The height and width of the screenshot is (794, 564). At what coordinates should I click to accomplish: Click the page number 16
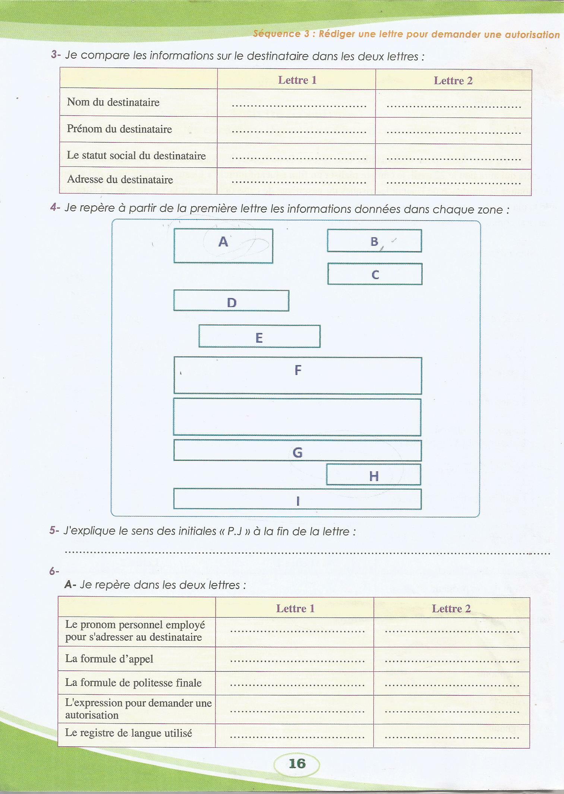pos(297,763)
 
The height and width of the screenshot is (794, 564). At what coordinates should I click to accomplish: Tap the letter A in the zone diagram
pos(223,242)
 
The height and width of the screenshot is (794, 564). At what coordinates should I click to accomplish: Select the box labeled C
pos(375,274)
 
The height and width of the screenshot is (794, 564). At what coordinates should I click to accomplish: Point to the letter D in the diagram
pos(231,303)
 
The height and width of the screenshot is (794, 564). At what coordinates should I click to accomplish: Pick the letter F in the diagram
pos(298,370)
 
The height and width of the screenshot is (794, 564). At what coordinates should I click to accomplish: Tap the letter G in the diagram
pos(297,453)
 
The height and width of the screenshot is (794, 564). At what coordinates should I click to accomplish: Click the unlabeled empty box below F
pos(297,417)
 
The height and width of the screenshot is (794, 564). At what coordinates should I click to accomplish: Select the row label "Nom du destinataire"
pos(113,102)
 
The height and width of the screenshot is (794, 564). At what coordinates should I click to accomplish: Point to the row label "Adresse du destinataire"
pos(120,180)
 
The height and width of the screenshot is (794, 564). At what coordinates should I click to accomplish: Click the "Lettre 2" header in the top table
pos(453,80)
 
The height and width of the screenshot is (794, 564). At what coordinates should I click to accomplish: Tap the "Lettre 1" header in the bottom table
pos(295,608)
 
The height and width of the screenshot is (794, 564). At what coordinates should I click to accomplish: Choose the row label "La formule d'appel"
pos(109,659)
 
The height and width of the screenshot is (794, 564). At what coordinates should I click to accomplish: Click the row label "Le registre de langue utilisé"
pos(129,733)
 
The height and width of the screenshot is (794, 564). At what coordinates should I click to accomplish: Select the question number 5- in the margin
pos(54,531)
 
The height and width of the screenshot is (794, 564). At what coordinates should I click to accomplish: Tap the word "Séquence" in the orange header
pos(277,34)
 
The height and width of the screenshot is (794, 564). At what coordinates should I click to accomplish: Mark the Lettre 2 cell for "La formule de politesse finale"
pos(451,683)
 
